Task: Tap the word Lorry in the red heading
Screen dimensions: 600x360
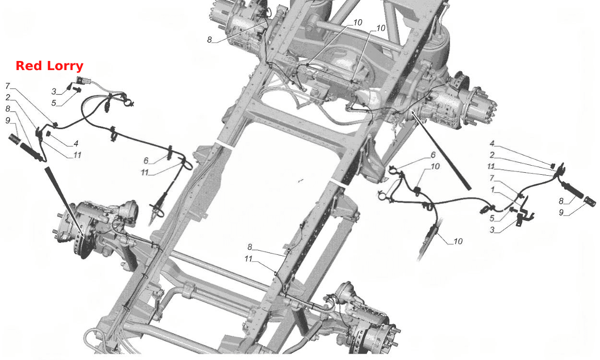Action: (x=65, y=66)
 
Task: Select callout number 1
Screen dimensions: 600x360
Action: (x=492, y=190)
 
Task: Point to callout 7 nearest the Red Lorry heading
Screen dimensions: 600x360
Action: (x=8, y=86)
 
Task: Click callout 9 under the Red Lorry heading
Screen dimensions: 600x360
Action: (x=8, y=120)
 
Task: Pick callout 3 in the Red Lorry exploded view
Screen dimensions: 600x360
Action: (x=54, y=92)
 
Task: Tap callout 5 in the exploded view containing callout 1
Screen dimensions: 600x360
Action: (x=492, y=218)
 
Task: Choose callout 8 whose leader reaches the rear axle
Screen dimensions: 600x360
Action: (x=209, y=40)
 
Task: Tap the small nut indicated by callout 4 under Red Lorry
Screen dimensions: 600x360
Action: (x=48, y=133)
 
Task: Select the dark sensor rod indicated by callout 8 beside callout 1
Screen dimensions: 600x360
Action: (x=573, y=190)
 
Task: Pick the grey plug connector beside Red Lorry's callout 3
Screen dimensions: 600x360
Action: (x=80, y=80)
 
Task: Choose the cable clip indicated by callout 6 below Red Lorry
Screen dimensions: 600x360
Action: (x=169, y=153)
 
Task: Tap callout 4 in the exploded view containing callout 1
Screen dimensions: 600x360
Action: (x=492, y=144)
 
